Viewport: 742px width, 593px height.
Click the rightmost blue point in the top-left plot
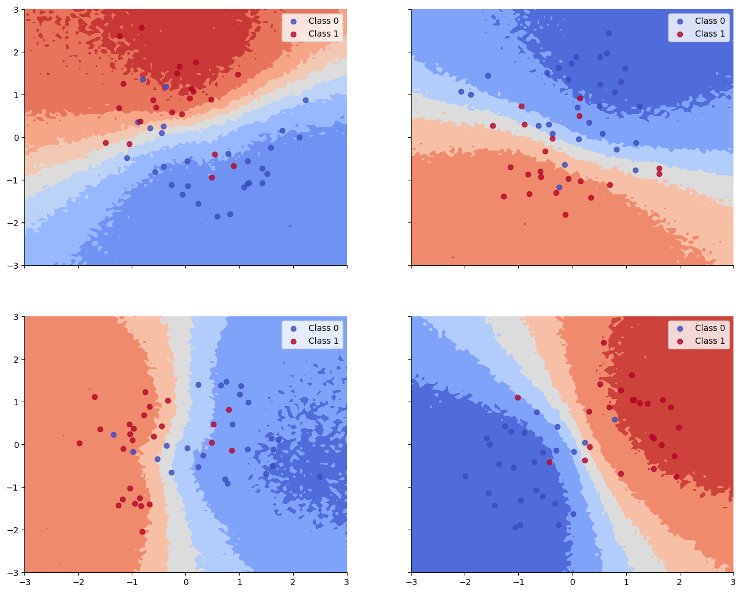click(x=305, y=100)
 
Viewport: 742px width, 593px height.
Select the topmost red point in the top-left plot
click(x=141, y=27)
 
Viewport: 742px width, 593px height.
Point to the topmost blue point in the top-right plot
click(x=608, y=33)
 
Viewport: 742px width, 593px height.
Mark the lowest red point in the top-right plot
click(x=565, y=215)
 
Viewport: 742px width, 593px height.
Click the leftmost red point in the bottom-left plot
click(x=79, y=443)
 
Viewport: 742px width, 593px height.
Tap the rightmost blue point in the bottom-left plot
click(x=319, y=477)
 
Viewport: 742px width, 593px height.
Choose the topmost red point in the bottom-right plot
click(x=604, y=343)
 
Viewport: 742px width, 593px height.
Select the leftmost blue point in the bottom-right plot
click(x=465, y=476)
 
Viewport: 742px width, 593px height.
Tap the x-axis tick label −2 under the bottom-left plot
click(x=78, y=583)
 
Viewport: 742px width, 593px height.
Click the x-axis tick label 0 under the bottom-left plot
click(x=186, y=583)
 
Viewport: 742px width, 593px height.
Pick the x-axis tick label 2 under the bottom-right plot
click(x=680, y=583)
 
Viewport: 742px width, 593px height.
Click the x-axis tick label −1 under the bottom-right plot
click(x=518, y=583)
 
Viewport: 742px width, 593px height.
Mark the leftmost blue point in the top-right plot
click(x=461, y=91)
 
